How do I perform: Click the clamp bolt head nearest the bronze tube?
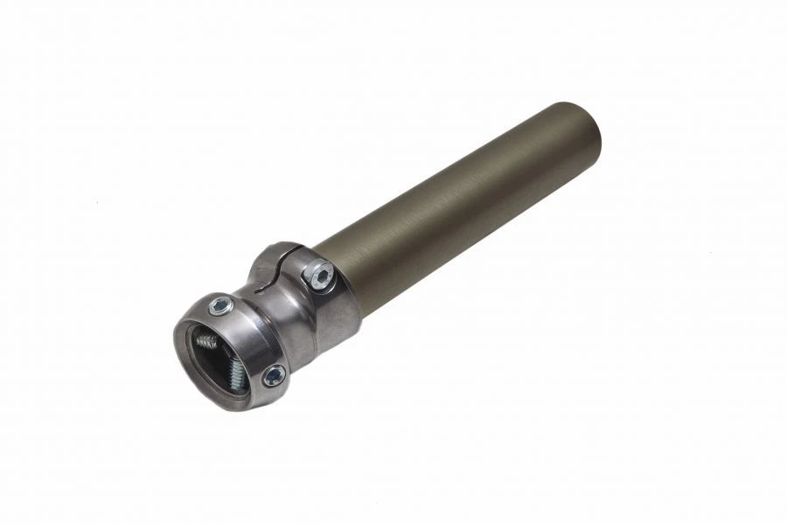point(320,276)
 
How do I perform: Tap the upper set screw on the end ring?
point(221,305)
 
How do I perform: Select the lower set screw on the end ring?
point(275,375)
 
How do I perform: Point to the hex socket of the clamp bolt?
point(321,276)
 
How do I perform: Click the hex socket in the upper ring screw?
point(221,305)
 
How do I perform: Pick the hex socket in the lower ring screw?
point(275,375)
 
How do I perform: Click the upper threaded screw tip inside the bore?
point(207,340)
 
